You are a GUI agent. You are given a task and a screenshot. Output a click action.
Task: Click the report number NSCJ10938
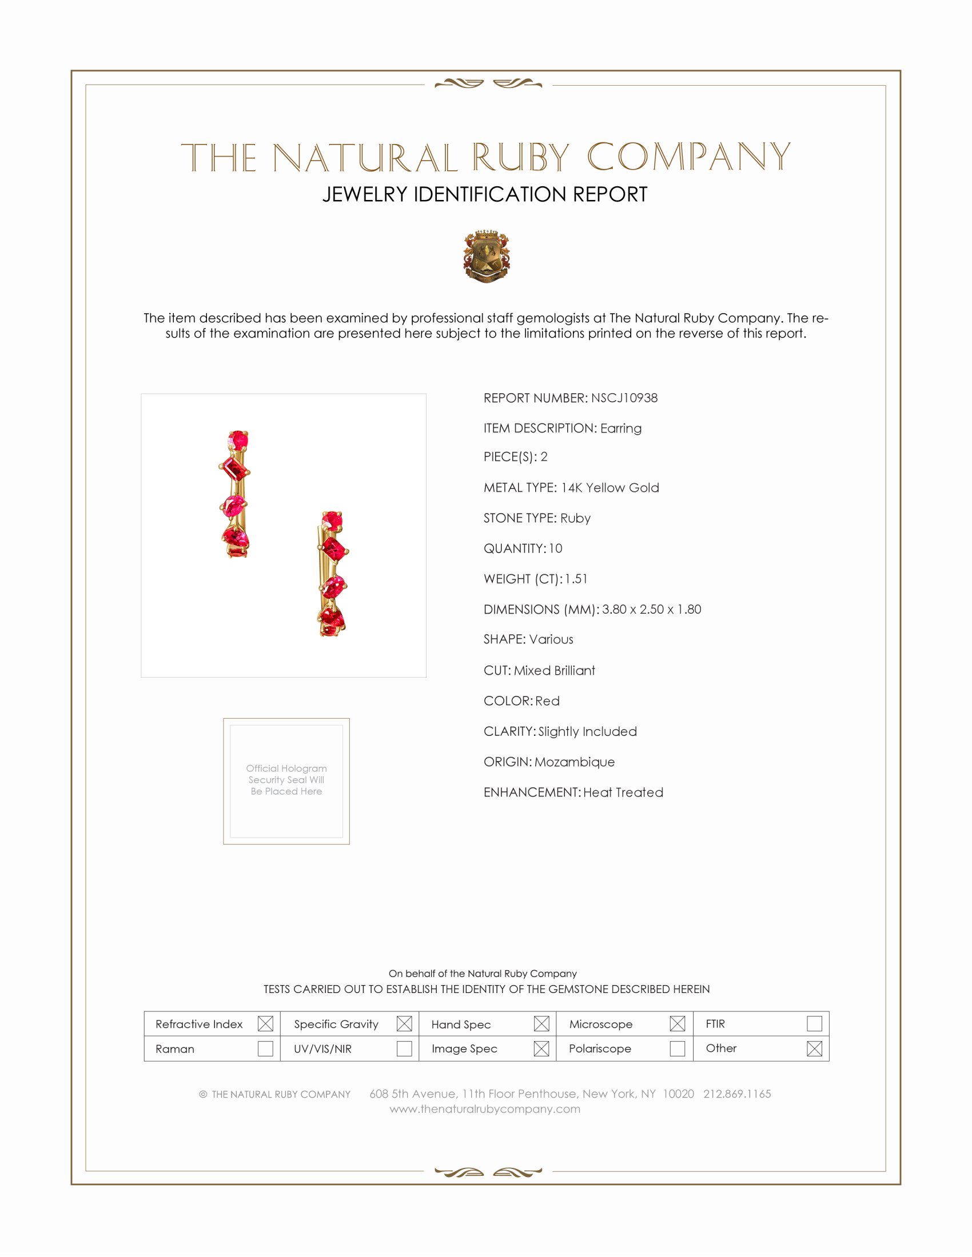click(624, 398)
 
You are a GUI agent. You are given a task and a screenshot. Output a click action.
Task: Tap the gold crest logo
click(487, 257)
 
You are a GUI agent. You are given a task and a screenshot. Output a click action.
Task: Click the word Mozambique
click(574, 762)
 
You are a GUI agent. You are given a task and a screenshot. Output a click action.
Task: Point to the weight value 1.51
click(576, 579)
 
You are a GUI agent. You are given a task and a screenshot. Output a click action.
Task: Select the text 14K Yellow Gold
click(610, 487)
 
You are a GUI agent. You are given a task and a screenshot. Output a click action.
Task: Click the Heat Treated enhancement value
click(623, 792)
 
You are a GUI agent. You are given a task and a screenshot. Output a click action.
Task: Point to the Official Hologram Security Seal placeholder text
click(286, 780)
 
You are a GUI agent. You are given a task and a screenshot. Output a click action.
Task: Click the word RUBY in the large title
click(520, 158)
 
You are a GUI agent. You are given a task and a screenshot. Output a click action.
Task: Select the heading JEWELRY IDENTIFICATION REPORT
click(485, 194)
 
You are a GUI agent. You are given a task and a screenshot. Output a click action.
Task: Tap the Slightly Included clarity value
click(587, 731)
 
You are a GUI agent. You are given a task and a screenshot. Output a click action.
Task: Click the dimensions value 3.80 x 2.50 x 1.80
click(651, 610)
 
